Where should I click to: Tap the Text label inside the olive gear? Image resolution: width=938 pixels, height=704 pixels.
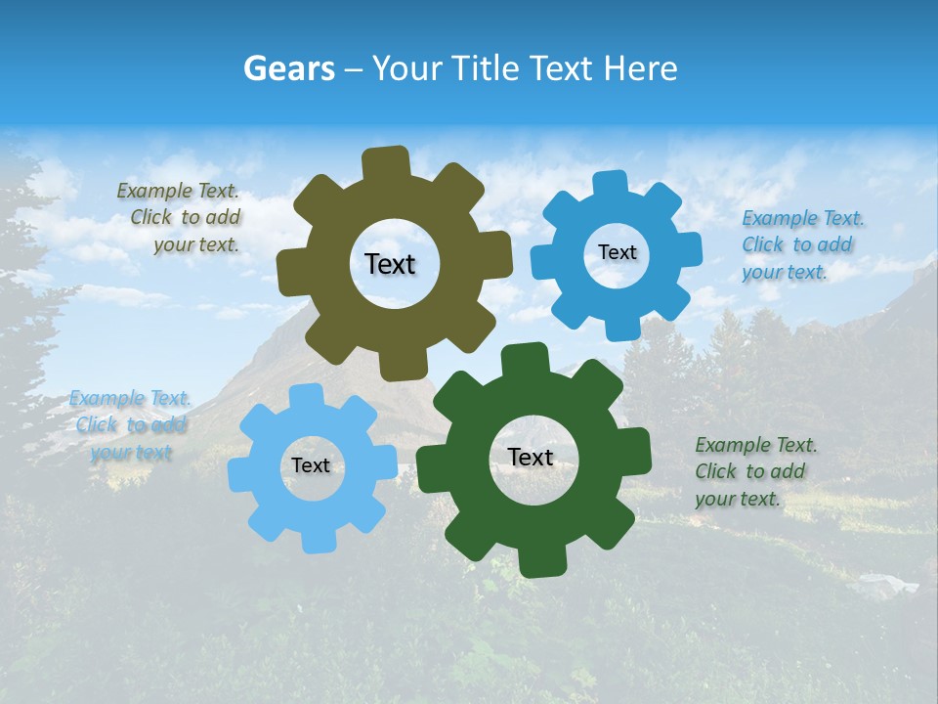point(390,264)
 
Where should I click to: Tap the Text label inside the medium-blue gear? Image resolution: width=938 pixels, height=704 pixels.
point(617,252)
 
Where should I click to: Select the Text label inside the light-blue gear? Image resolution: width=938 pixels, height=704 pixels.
point(311,465)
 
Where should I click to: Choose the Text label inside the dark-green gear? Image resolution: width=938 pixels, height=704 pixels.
point(531,458)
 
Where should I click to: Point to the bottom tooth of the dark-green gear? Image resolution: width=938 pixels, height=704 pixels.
point(539,561)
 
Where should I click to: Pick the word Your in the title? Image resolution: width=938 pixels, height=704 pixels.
point(407,68)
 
